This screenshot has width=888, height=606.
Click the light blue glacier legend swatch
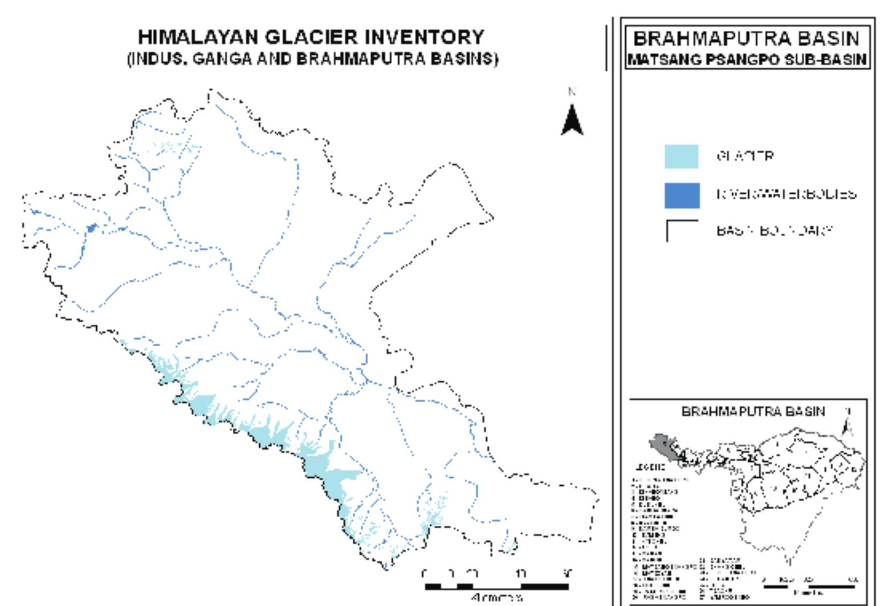[681, 157]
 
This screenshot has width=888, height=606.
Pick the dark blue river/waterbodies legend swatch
[681, 195]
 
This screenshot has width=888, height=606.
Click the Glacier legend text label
[745, 156]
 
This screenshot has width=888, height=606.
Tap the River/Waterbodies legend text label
[786, 194]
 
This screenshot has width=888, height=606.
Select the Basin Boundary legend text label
[774, 231]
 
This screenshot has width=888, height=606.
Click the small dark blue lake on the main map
[91, 228]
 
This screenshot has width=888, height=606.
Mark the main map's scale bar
[496, 586]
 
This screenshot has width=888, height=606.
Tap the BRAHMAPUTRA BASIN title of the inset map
[752, 411]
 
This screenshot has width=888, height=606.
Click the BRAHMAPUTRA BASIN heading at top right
[746, 39]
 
